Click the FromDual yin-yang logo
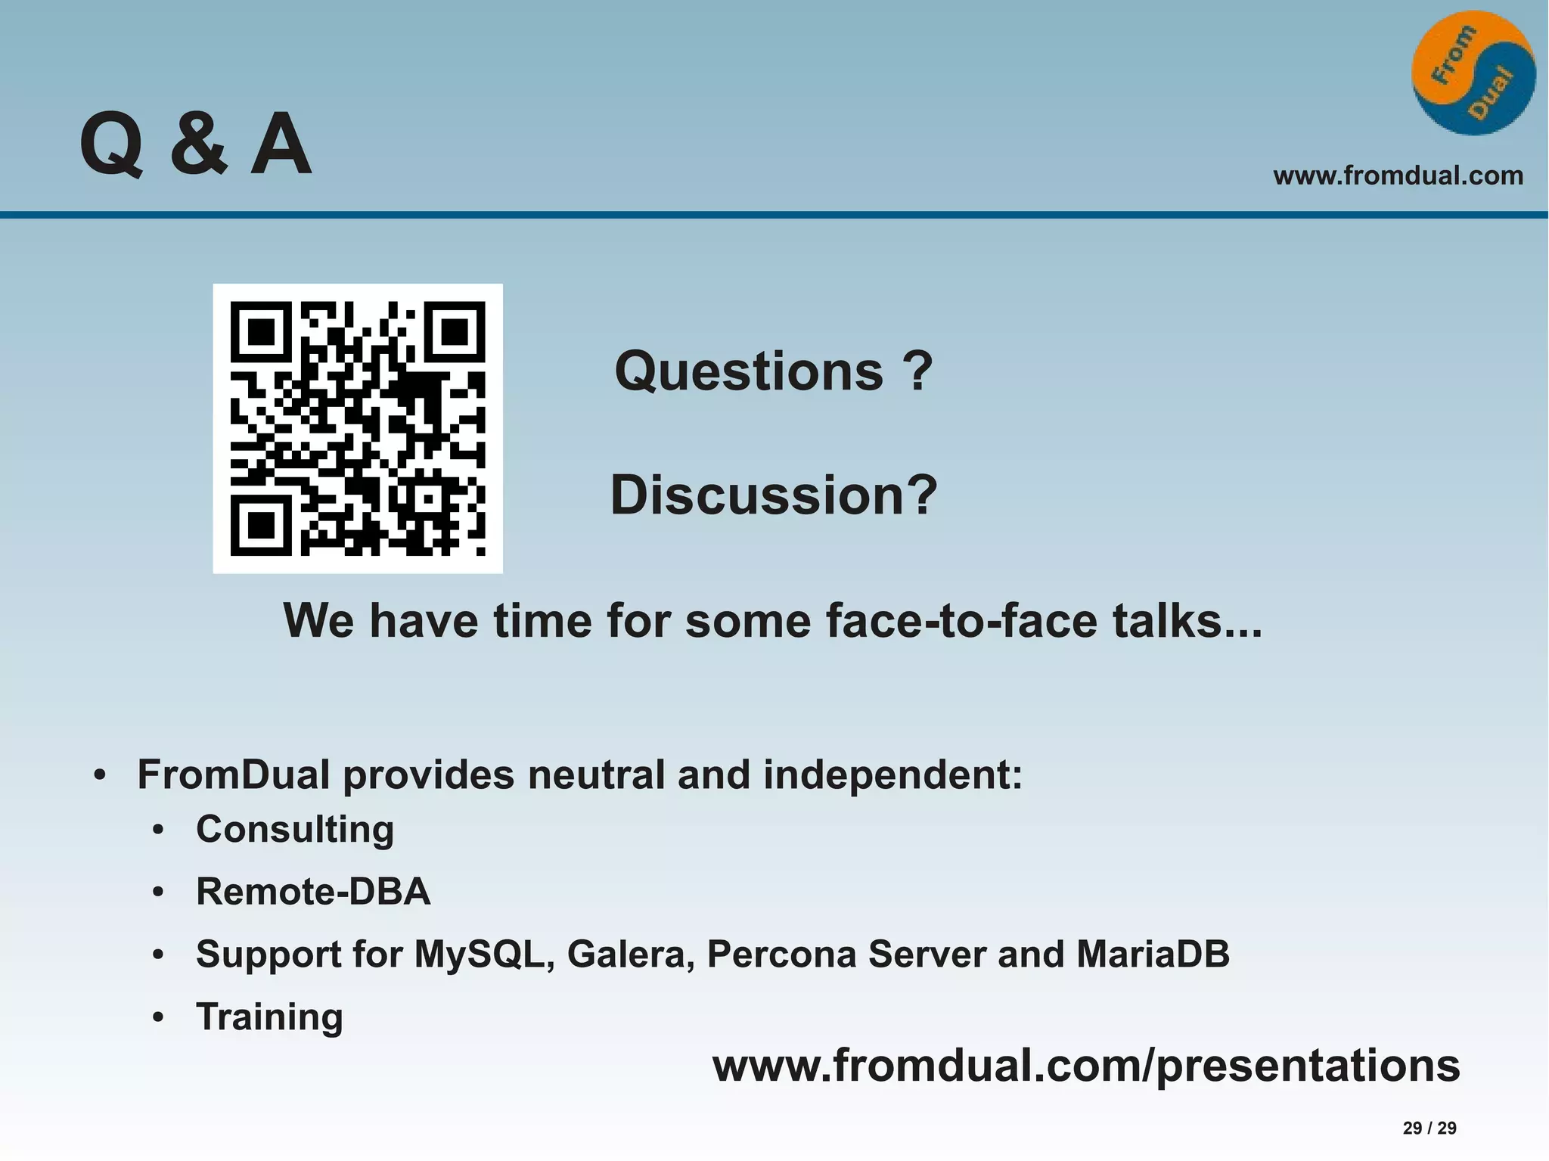[1473, 73]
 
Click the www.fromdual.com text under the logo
[1398, 175]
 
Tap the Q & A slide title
[195, 144]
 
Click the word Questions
[748, 371]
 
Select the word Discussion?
[773, 495]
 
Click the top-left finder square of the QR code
[261, 331]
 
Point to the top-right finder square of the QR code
[455, 331]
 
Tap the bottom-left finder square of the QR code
[261, 525]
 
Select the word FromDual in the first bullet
[233, 775]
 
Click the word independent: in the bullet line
[892, 775]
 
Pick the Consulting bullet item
[295, 830]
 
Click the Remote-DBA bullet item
[313, 892]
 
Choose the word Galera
[631, 955]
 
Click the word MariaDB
[1153, 955]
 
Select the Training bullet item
[269, 1017]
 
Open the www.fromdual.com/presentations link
[1086, 1066]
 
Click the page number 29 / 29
[1429, 1128]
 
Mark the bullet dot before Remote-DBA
[158, 893]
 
